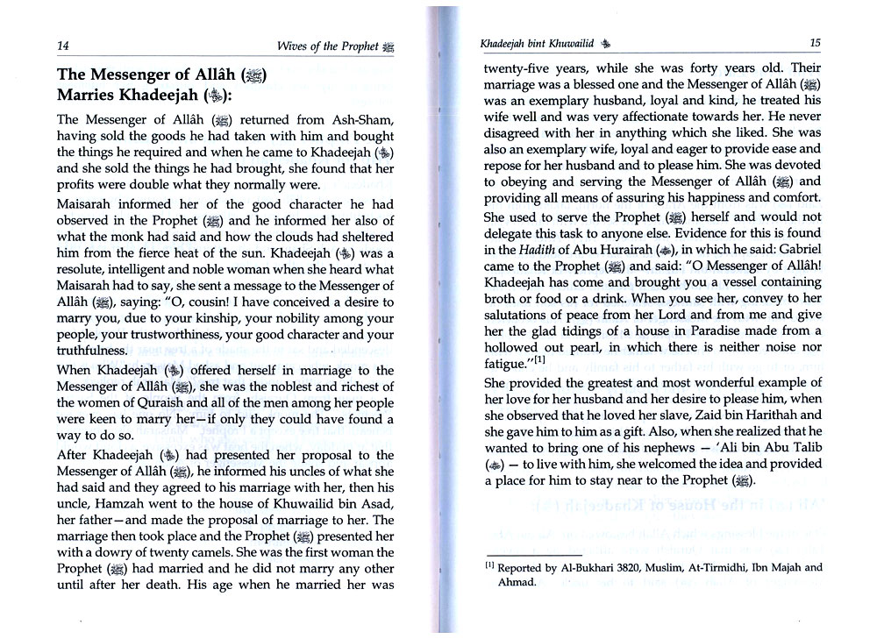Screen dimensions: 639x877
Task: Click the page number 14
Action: pos(63,46)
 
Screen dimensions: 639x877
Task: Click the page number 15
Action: pos(815,42)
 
